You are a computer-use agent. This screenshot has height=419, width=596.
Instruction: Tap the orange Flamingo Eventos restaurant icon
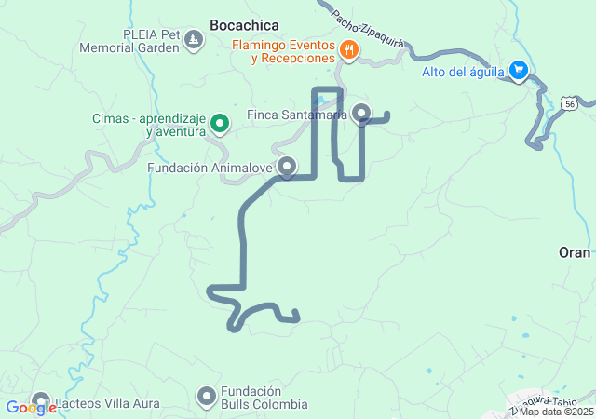click(349, 50)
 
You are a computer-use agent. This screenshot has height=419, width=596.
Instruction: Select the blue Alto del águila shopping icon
click(520, 71)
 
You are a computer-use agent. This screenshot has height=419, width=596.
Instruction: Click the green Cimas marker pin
click(220, 122)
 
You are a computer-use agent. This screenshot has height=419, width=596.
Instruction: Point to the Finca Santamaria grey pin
click(362, 114)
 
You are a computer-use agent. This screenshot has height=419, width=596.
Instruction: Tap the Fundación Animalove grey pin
click(287, 167)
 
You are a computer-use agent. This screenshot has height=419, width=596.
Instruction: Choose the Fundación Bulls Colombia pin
click(207, 398)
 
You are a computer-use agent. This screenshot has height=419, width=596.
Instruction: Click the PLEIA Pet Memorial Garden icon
click(193, 39)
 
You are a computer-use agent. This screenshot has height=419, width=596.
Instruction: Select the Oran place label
click(575, 252)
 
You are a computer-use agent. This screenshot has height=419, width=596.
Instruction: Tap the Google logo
click(31, 407)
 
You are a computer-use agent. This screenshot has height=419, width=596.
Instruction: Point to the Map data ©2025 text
click(556, 412)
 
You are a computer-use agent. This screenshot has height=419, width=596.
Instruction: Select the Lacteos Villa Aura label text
click(108, 404)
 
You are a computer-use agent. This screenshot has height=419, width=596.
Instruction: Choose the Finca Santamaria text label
click(296, 115)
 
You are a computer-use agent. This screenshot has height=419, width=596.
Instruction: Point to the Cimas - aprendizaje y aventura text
click(148, 125)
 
